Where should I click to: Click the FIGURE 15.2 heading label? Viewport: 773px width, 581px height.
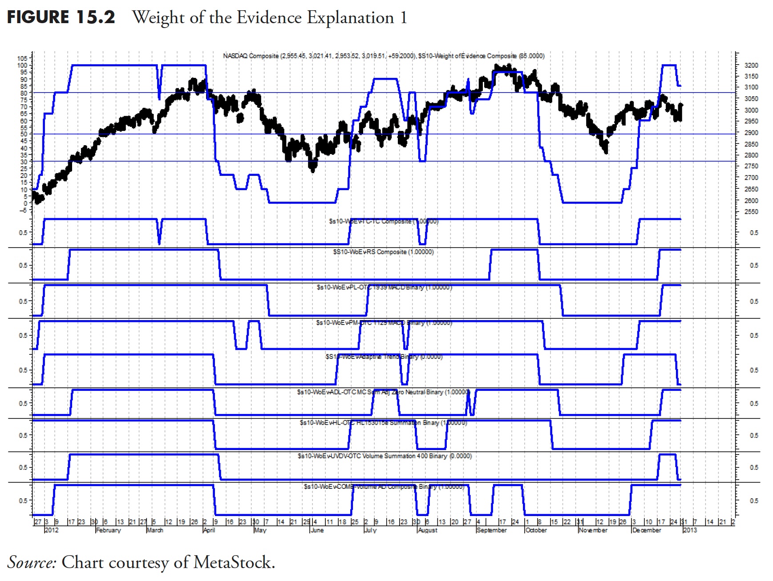tap(61, 17)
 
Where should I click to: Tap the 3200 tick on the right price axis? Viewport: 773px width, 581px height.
tap(751, 65)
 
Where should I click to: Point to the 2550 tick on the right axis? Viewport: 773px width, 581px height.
tap(751, 212)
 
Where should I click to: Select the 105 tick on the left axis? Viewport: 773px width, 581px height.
tap(22, 58)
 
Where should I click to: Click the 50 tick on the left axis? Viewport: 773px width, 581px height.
tap(23, 134)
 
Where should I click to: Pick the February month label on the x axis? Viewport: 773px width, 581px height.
tap(109, 530)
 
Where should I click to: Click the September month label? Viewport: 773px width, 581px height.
tap(491, 530)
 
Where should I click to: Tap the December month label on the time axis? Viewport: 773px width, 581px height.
tap(647, 530)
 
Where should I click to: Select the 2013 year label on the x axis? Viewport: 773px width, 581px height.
tap(690, 530)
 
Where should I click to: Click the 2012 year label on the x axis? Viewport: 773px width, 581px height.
tap(52, 530)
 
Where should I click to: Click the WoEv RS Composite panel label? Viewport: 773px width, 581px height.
tap(383, 252)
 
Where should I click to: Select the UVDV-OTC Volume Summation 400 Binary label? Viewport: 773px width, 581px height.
tap(384, 456)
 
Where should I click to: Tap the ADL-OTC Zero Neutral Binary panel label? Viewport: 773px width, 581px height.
tap(383, 392)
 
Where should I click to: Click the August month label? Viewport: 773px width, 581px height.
tap(428, 530)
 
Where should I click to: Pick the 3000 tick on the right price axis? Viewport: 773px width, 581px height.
tap(751, 110)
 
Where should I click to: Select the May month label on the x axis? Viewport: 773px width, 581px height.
tap(260, 530)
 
